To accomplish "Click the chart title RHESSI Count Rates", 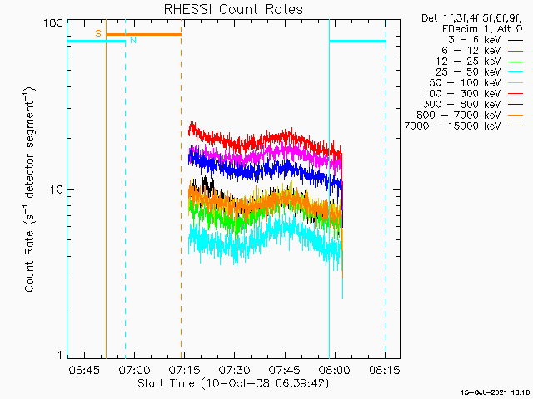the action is point(233,9).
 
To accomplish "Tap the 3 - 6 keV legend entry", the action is point(485,40).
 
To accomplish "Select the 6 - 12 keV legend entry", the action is point(482,51).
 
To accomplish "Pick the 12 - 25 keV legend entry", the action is point(480,62).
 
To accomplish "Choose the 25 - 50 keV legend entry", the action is point(480,72).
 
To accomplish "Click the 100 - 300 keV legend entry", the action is point(473,94).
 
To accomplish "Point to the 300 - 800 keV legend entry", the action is point(473,105).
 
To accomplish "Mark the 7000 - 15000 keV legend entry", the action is point(464,126).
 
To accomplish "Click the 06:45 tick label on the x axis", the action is point(84,369).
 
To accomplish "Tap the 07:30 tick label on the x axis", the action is point(235,369).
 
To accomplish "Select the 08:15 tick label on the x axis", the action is point(385,369).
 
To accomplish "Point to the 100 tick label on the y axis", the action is point(53,23).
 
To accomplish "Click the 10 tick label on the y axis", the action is point(57,190).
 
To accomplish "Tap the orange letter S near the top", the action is point(98,33).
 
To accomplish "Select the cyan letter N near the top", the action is point(133,40).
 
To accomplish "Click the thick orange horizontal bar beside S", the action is point(143,34).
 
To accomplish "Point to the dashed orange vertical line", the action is point(182,189).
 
